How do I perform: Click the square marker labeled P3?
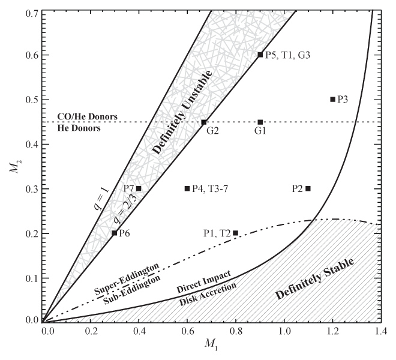pos(332,99)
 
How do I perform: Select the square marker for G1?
pos(260,122)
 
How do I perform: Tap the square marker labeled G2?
pos(204,122)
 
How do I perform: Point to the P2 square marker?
pos(308,188)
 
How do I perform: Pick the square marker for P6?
pos(115,233)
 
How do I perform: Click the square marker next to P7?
pos(139,188)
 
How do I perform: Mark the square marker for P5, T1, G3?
pos(260,55)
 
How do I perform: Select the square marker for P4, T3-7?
pos(187,188)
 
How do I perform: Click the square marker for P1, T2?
pos(235,233)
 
